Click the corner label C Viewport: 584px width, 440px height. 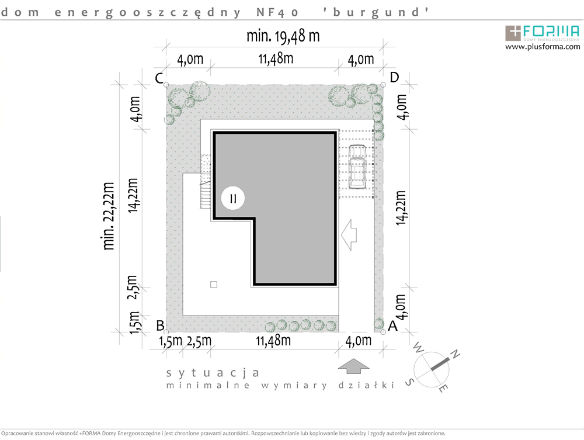coord(158,78)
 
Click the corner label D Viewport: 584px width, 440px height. coord(394,77)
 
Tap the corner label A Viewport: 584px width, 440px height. coord(392,326)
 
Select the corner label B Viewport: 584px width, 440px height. coord(159,325)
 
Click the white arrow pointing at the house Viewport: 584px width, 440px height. coord(349,235)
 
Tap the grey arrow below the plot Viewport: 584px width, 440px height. coord(353,367)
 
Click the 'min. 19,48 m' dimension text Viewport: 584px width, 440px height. coord(283,36)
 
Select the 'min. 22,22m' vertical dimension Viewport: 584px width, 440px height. coord(109,216)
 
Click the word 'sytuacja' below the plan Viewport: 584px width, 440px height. coord(213,372)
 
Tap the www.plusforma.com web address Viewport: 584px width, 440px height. coord(543,47)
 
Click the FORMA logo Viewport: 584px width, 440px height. coord(543,32)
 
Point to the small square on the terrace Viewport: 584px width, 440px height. coord(214,285)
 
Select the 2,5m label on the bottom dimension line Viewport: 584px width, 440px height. coord(199,340)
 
